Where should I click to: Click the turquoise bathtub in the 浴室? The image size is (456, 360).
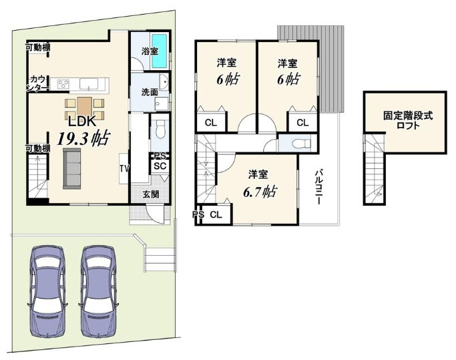point(159,51)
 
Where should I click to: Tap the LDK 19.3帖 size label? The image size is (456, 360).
point(83,139)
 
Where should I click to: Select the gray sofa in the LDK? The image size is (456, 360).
point(72,168)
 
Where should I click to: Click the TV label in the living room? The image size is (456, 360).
point(124,169)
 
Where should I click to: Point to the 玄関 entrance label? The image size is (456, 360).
point(151,194)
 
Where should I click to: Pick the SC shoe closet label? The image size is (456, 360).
point(160,166)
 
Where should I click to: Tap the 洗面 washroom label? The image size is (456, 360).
point(150,92)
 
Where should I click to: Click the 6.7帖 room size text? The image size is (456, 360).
point(260,192)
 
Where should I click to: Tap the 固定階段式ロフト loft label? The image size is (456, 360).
point(408,120)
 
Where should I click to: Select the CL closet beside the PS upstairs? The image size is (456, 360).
point(216,215)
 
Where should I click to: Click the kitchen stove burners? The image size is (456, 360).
point(63,84)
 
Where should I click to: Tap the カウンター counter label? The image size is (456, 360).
point(38,83)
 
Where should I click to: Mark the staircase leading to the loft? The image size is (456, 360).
point(375,169)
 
